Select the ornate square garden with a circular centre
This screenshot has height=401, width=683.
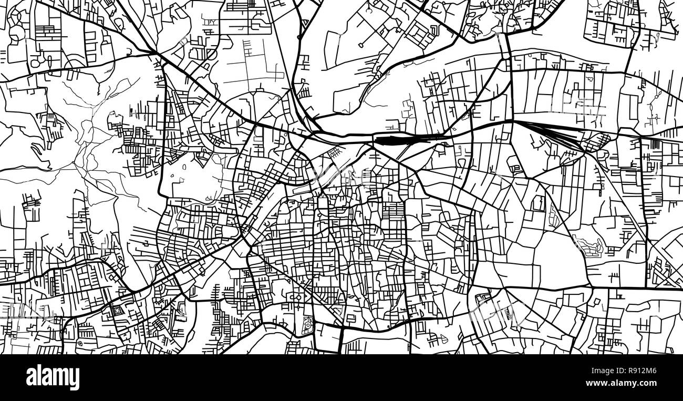(x=307, y=325)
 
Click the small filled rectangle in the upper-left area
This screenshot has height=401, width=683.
(x=131, y=111)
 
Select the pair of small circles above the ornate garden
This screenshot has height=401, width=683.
(x=298, y=297)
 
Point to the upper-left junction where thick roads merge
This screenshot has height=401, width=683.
(x=154, y=53)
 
